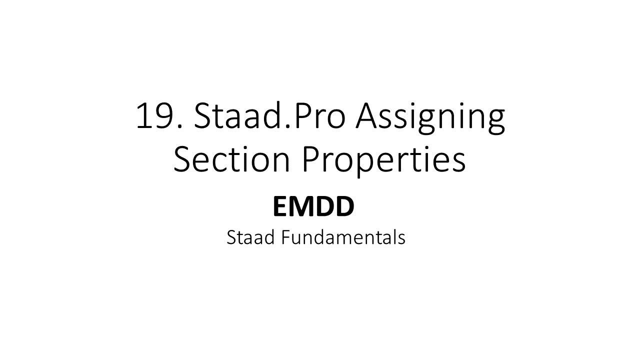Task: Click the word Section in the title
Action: click(233, 159)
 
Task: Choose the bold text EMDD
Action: click(313, 207)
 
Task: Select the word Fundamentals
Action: click(343, 237)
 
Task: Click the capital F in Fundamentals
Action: click(284, 237)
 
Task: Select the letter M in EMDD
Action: click(302, 207)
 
